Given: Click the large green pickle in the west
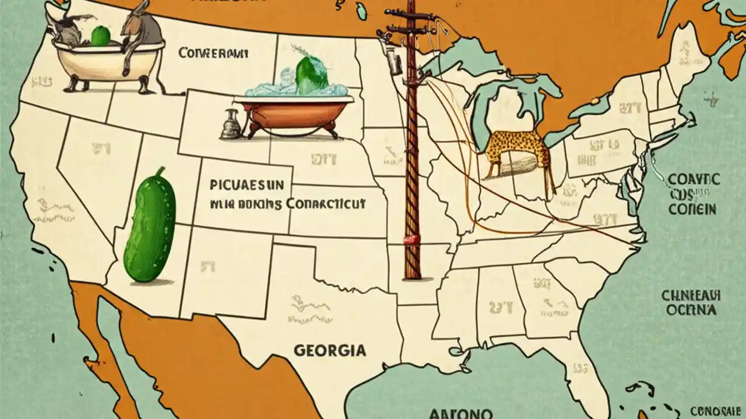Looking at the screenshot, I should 150,229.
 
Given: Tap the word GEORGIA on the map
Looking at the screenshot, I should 330,350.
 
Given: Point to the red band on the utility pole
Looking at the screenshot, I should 412,239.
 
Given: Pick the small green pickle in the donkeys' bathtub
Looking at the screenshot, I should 100,36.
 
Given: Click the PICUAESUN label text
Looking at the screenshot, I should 247,185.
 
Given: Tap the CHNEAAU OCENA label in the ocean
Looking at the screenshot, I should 691,303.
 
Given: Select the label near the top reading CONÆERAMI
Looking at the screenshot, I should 213,54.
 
